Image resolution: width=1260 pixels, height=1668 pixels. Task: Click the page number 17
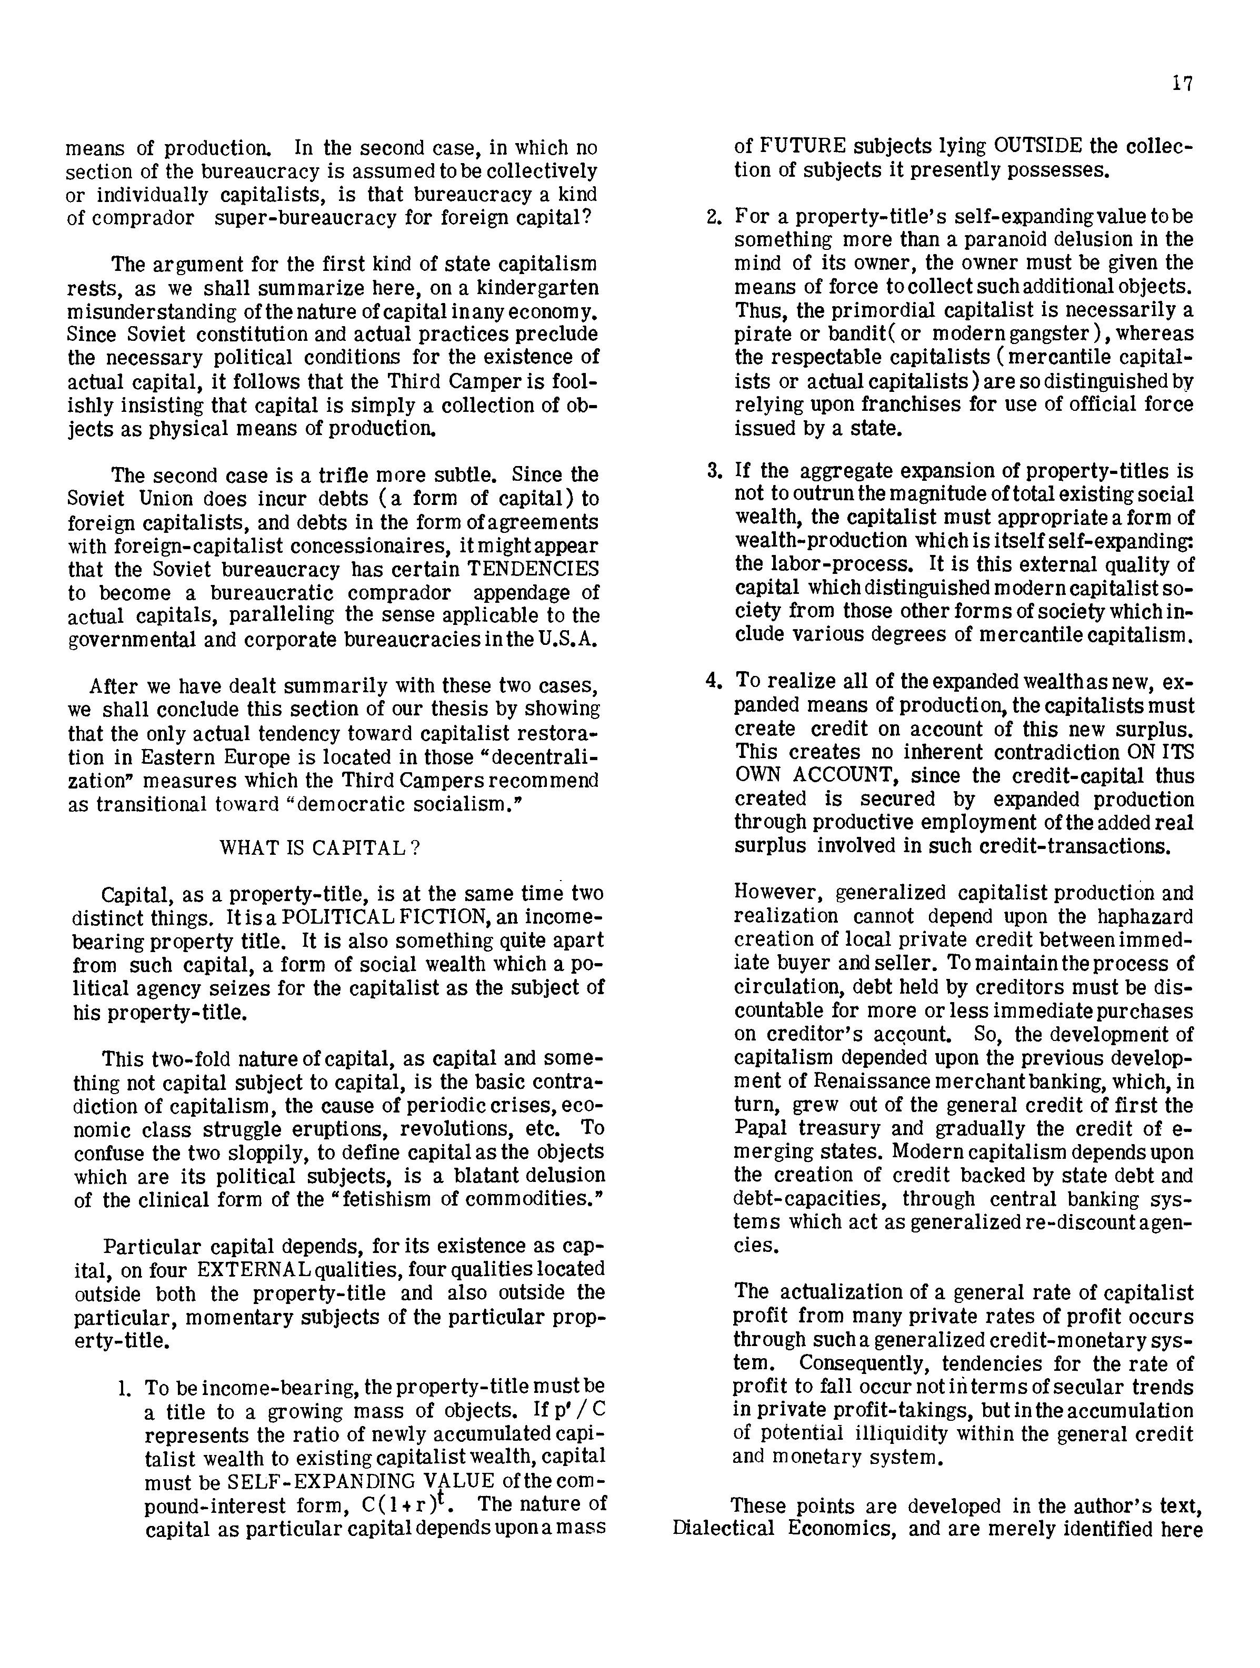[x=1182, y=84]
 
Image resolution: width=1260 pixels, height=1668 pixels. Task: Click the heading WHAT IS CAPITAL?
[x=319, y=847]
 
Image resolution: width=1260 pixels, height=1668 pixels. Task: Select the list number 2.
[x=714, y=216]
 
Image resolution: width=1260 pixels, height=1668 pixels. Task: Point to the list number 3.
[x=714, y=471]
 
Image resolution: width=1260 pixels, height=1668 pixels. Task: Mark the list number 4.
[x=714, y=680]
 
